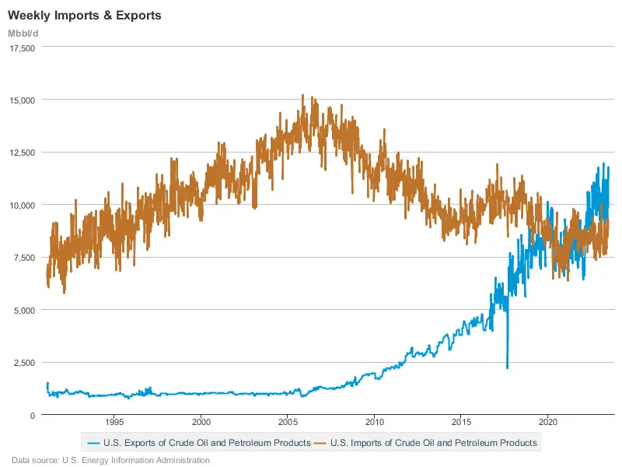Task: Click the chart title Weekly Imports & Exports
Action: [85, 16]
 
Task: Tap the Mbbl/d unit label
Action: [23, 33]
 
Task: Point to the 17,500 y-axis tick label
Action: [21, 47]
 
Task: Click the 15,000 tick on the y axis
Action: [21, 100]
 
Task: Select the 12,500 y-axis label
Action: [21, 153]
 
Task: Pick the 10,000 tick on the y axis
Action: [21, 205]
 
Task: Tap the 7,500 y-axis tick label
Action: [24, 258]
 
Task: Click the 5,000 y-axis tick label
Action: [24, 310]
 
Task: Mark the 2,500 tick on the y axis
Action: [24, 363]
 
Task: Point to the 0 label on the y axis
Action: [33, 415]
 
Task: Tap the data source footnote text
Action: [110, 460]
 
